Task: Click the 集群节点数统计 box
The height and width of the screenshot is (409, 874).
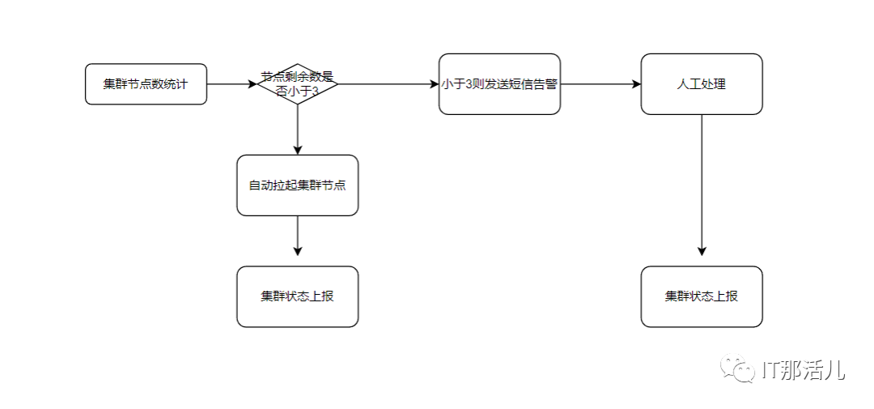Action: [x=146, y=84]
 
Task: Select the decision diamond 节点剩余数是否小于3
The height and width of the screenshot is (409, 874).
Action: [x=297, y=84]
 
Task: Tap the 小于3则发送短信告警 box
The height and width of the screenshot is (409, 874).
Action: [x=499, y=84]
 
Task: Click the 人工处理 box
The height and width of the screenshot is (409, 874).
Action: [x=702, y=84]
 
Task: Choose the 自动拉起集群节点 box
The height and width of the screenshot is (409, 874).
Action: [x=297, y=185]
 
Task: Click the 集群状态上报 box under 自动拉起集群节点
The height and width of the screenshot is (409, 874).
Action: [x=297, y=296]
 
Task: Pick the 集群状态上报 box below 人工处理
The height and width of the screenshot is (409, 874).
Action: [x=702, y=296]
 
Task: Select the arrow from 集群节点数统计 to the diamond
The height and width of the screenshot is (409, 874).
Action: [x=231, y=84]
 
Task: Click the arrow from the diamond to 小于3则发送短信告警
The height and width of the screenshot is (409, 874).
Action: [x=387, y=84]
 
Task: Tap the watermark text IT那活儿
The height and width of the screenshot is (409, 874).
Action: [x=803, y=370]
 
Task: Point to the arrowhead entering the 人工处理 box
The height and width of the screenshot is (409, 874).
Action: [x=636, y=84]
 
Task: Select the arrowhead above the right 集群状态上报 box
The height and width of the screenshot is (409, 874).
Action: [x=702, y=251]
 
